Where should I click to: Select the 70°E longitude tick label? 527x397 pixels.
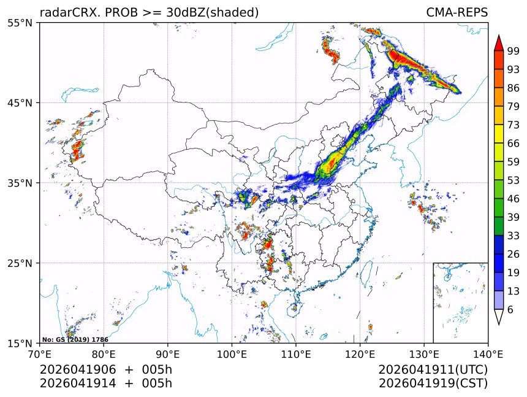pos(40,353)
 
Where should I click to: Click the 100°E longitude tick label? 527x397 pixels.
pos(232,353)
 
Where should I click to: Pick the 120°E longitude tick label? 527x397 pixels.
pos(360,353)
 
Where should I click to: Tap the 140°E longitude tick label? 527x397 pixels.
pos(488,353)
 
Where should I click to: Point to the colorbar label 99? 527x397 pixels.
pos(514,51)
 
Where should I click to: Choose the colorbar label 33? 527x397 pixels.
pos(514,236)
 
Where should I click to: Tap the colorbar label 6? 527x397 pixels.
pos(510,310)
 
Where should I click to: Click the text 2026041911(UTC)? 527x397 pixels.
pos(433,370)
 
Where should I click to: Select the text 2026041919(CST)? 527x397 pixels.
pos(433,384)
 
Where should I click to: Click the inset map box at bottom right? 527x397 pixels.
pos(460,303)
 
